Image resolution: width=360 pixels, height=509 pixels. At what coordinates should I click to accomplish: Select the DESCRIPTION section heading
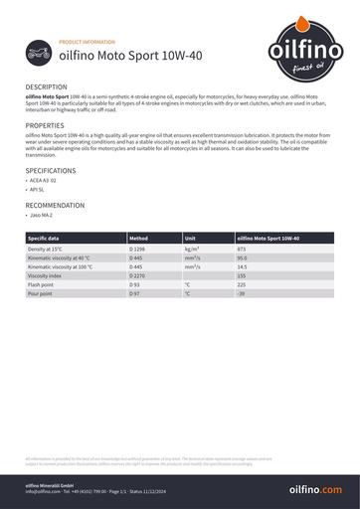point(46,87)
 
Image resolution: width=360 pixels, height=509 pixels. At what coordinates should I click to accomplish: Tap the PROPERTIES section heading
point(45,126)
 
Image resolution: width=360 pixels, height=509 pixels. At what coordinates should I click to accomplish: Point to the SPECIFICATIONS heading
point(50,170)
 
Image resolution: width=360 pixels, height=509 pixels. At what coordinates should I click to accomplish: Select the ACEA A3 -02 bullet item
point(45,180)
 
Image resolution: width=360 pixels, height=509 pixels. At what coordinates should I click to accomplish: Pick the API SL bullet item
point(39,188)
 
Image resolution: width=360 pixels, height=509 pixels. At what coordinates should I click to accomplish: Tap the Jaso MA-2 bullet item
point(42,215)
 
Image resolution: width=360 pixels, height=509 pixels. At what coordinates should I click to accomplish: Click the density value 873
point(242,248)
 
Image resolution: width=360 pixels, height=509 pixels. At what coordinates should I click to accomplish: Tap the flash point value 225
point(242,285)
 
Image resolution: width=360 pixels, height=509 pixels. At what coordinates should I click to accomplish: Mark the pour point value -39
point(241,294)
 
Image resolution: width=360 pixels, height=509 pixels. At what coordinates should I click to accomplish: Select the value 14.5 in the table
point(243,266)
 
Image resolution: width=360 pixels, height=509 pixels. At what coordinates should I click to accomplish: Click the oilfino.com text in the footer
point(314,489)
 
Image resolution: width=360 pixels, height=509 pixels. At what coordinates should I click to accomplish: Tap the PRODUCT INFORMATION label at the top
point(88,44)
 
